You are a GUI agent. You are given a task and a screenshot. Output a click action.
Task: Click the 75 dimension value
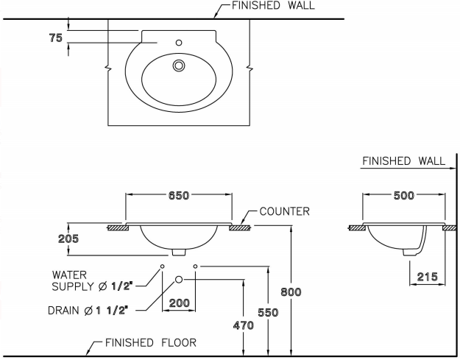click(x=56, y=39)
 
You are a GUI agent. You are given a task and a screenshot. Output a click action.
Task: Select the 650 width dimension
click(x=178, y=196)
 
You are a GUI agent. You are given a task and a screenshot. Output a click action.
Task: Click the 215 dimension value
click(x=426, y=277)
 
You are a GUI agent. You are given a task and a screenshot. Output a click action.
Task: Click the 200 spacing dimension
click(x=179, y=302)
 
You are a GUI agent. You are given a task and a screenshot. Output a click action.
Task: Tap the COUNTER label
click(x=284, y=212)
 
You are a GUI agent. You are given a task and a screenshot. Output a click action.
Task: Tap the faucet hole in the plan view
click(x=179, y=43)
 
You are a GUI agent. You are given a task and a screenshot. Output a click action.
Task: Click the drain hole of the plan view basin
click(x=178, y=66)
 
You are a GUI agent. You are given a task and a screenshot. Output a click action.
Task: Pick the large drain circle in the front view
click(x=179, y=279)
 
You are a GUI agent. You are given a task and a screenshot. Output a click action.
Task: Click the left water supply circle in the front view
click(x=162, y=266)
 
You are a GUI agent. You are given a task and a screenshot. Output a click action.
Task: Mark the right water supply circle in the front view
click(x=195, y=266)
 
